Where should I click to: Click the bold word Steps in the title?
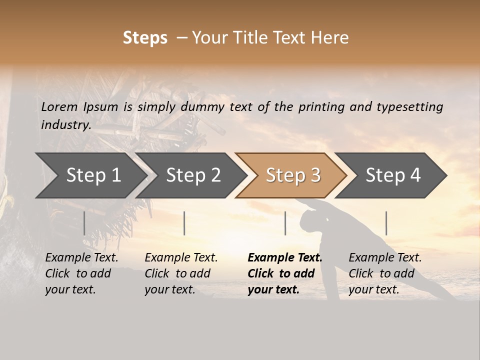(x=145, y=38)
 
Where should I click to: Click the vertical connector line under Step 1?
(x=84, y=223)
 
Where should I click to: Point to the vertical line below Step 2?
(x=184, y=223)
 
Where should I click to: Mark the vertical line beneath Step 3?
(x=285, y=223)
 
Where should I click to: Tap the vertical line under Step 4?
(x=386, y=223)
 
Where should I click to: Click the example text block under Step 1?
(x=81, y=273)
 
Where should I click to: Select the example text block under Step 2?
(x=181, y=273)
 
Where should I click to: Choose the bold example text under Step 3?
(x=284, y=273)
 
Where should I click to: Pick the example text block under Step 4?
(x=385, y=273)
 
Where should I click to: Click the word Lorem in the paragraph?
(x=59, y=106)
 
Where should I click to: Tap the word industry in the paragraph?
(x=66, y=125)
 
